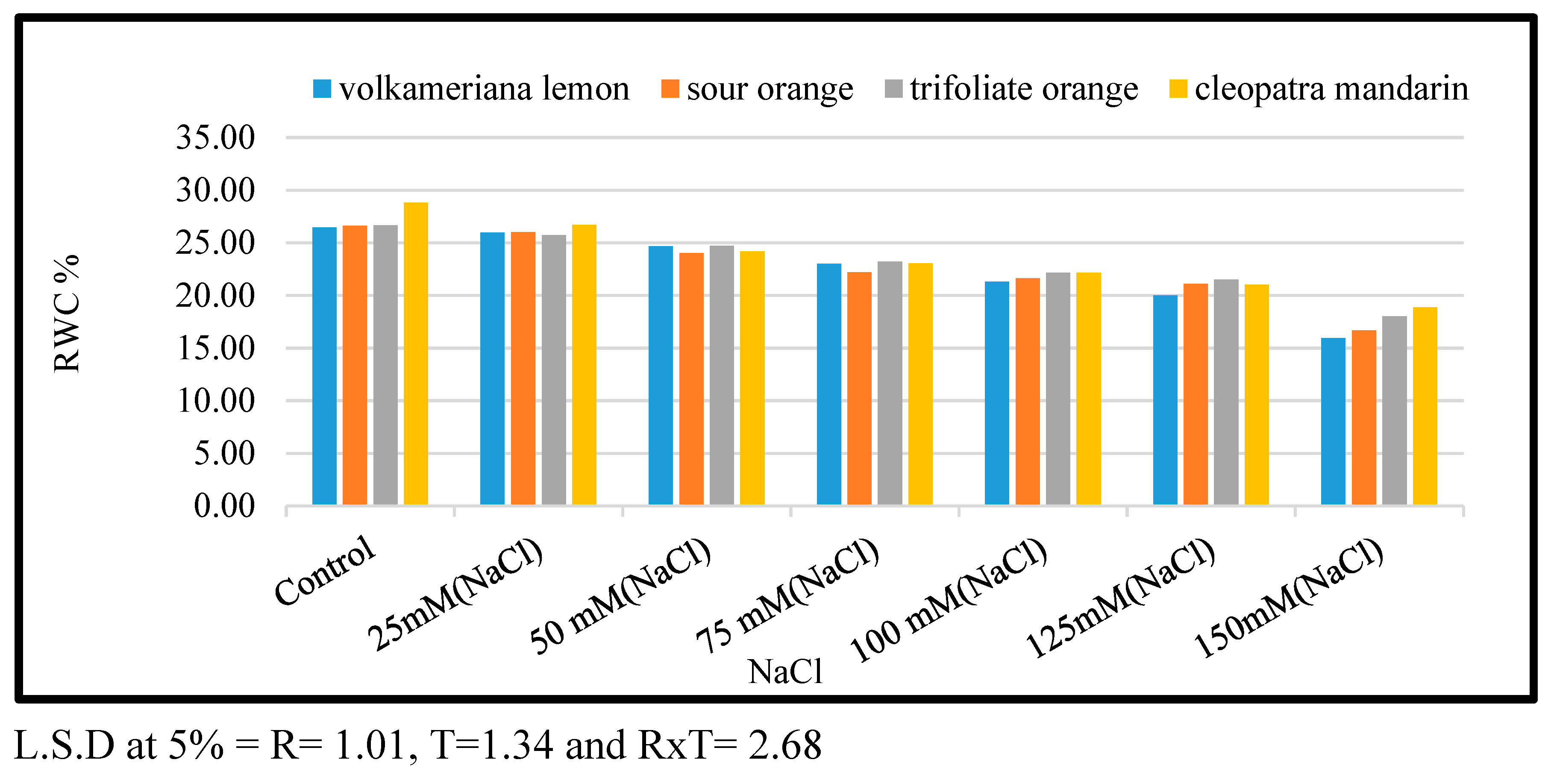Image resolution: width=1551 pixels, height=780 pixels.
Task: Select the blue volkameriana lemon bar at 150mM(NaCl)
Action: (1333, 421)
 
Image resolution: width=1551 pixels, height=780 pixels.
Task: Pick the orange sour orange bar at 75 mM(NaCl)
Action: (859, 389)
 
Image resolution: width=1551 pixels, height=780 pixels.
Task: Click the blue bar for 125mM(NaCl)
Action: (1165, 400)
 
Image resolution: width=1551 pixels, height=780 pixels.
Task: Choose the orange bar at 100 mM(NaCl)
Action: (1027, 391)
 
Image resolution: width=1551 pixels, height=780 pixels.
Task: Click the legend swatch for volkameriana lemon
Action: (322, 89)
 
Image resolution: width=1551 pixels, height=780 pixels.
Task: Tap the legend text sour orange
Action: (770, 89)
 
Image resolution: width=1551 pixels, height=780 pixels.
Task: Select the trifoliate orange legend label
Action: (1024, 89)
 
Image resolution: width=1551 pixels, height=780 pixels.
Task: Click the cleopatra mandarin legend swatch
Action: (1178, 89)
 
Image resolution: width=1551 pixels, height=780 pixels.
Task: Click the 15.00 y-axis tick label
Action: (215, 348)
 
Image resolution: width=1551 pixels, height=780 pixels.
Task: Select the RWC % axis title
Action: (66, 313)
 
